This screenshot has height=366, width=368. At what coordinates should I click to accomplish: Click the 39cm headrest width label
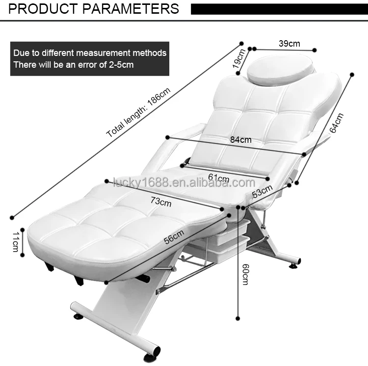click(289, 43)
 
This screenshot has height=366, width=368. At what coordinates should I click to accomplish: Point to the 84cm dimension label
click(240, 140)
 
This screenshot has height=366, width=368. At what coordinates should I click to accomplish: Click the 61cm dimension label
click(219, 178)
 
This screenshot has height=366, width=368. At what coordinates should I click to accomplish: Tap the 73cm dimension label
click(161, 200)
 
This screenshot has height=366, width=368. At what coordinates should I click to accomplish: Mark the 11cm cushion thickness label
click(15, 242)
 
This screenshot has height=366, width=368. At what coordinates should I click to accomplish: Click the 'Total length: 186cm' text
click(139, 112)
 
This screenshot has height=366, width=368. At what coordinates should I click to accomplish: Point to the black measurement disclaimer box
click(90, 59)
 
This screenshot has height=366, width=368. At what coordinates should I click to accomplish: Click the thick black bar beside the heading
click(278, 9)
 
